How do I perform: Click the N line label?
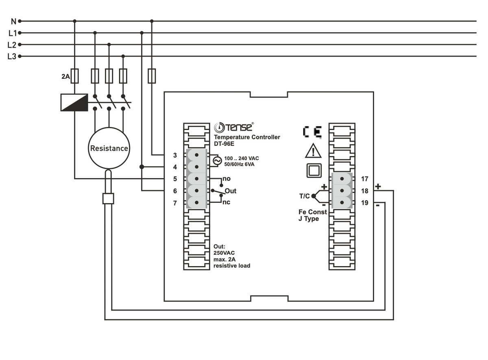pos(13,21)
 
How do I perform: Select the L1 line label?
pos(12,33)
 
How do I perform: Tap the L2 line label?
pos(12,45)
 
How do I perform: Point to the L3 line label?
pos(12,56)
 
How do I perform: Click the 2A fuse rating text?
pos(65,76)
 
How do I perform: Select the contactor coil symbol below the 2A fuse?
pos(74,102)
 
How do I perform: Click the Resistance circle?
pos(109,148)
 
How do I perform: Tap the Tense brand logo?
pos(234,127)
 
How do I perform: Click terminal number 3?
pos(175,155)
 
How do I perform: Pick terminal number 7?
pos(175,203)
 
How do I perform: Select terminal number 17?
pos(364,179)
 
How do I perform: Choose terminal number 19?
pos(364,203)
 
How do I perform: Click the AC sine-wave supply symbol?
pos(216,161)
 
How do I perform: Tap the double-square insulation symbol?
pos(314,171)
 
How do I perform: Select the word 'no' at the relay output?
pos(227,179)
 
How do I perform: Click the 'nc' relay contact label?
pos(226,202)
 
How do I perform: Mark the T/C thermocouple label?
pos(304,196)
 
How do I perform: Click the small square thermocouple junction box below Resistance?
pos(108,198)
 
